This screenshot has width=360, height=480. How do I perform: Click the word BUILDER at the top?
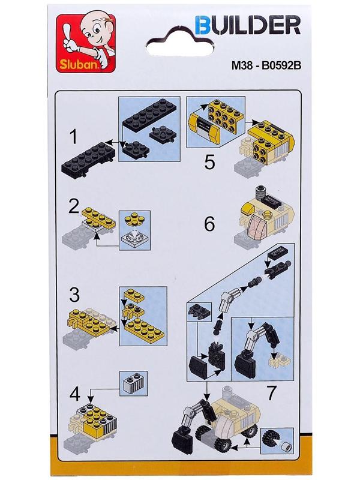tap(248, 25)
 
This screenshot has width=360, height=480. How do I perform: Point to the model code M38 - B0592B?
tap(266, 65)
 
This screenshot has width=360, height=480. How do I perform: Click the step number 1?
tap(73, 137)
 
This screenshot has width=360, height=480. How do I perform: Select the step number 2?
tap(74, 206)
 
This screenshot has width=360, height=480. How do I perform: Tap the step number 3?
tap(74, 295)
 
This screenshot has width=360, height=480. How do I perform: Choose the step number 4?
tap(74, 394)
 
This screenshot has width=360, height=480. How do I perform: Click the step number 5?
tap(209, 162)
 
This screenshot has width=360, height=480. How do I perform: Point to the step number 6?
tap(209, 224)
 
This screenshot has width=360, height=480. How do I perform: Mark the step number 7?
tap(272, 393)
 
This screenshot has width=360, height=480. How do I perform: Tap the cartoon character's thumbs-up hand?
tap(70, 40)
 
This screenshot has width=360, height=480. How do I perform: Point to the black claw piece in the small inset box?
tap(199, 313)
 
